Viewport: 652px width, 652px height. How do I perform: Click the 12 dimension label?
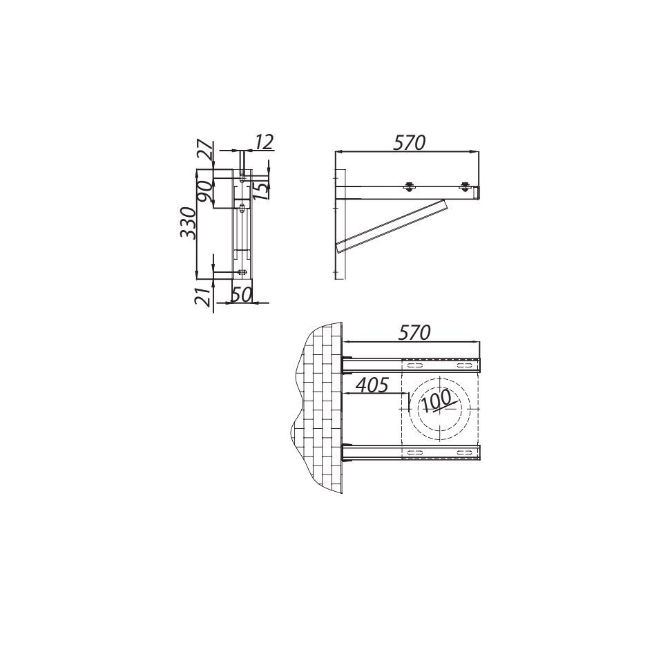point(264,142)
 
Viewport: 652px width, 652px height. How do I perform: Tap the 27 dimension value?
point(205,152)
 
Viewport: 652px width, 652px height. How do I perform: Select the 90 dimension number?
point(205,191)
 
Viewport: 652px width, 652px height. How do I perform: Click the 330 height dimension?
point(188,222)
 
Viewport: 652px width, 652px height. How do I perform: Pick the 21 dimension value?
point(203,296)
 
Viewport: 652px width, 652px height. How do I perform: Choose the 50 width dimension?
point(242,295)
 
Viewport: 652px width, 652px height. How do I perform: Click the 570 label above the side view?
point(410,142)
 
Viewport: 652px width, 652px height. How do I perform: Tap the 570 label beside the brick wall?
point(414,333)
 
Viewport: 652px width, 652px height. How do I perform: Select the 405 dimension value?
point(372,385)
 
